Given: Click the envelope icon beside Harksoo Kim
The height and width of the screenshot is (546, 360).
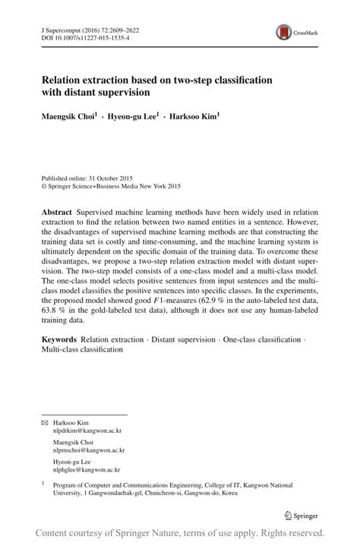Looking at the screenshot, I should [x=44, y=421].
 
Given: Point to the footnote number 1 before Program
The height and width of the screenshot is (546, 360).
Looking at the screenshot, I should [x=43, y=482].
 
